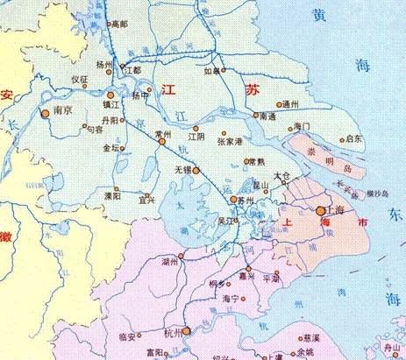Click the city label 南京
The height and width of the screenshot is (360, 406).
click(x=61, y=111)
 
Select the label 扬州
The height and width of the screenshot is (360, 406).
click(x=104, y=65)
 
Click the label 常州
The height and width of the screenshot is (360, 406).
click(x=162, y=134)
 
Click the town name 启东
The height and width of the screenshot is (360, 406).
click(x=353, y=138)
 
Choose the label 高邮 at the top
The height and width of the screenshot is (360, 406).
click(x=118, y=25)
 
